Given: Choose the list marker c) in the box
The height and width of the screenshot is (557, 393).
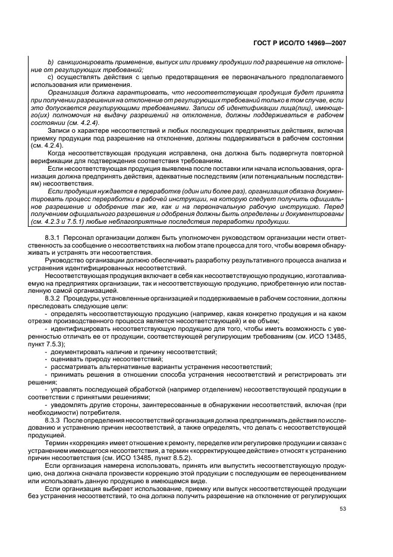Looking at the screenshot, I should pos(51,77).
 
